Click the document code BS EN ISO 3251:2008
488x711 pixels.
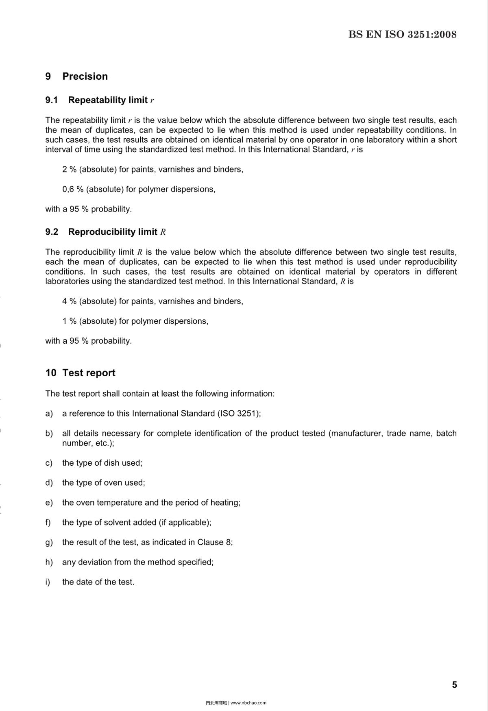(x=402, y=35)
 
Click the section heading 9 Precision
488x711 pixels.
(x=76, y=76)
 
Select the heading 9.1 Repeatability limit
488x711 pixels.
(x=100, y=100)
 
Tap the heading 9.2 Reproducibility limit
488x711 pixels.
(x=105, y=232)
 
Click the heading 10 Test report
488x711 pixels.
(x=80, y=373)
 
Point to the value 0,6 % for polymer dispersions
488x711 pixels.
(x=73, y=190)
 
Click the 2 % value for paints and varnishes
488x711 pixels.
(x=69, y=170)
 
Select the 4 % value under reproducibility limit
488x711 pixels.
(x=69, y=301)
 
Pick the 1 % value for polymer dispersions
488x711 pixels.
(x=69, y=321)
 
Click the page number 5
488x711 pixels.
(x=454, y=685)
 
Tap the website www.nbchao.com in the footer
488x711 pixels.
(x=248, y=702)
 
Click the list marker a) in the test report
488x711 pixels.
(x=49, y=414)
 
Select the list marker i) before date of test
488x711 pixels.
(x=48, y=582)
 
